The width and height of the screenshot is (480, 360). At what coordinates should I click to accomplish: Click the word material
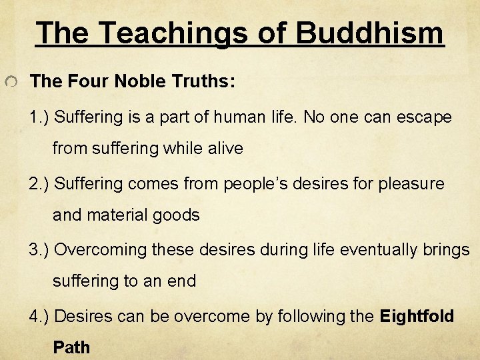click(x=117, y=215)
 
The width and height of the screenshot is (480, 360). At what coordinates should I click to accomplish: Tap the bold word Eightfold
click(x=417, y=315)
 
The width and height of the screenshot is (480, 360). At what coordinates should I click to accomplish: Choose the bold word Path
click(x=71, y=347)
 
